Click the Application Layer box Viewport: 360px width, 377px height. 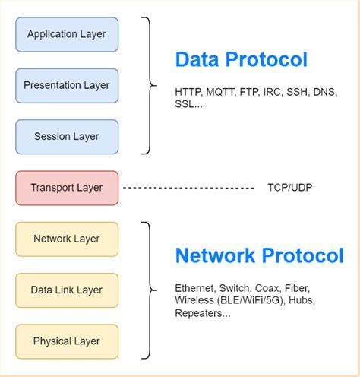coord(67,34)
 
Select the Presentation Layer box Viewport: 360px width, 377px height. coord(67,85)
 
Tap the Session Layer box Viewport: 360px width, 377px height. coord(67,137)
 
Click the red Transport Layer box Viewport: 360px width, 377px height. coord(67,188)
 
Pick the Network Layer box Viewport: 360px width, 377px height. coord(67,239)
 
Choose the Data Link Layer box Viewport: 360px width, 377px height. coord(67,290)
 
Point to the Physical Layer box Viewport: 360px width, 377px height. coord(67,341)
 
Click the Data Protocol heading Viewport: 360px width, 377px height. coord(241,59)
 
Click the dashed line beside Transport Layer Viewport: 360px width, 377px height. coord(188,188)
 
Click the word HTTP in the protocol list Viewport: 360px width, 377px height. coord(188,92)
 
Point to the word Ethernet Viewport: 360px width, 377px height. coord(194,288)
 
